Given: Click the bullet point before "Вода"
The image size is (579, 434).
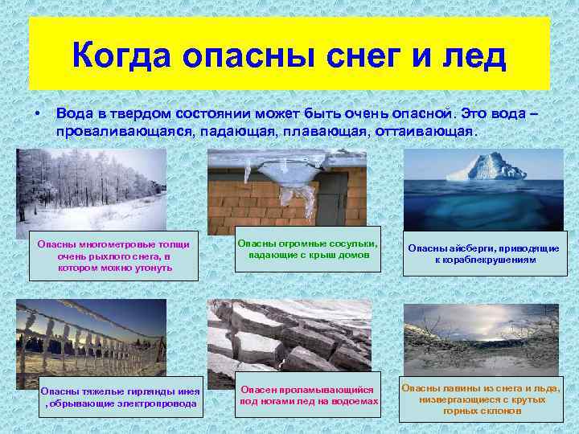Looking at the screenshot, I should (x=37, y=116).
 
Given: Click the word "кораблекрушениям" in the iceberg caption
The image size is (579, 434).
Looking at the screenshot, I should (x=491, y=260).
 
